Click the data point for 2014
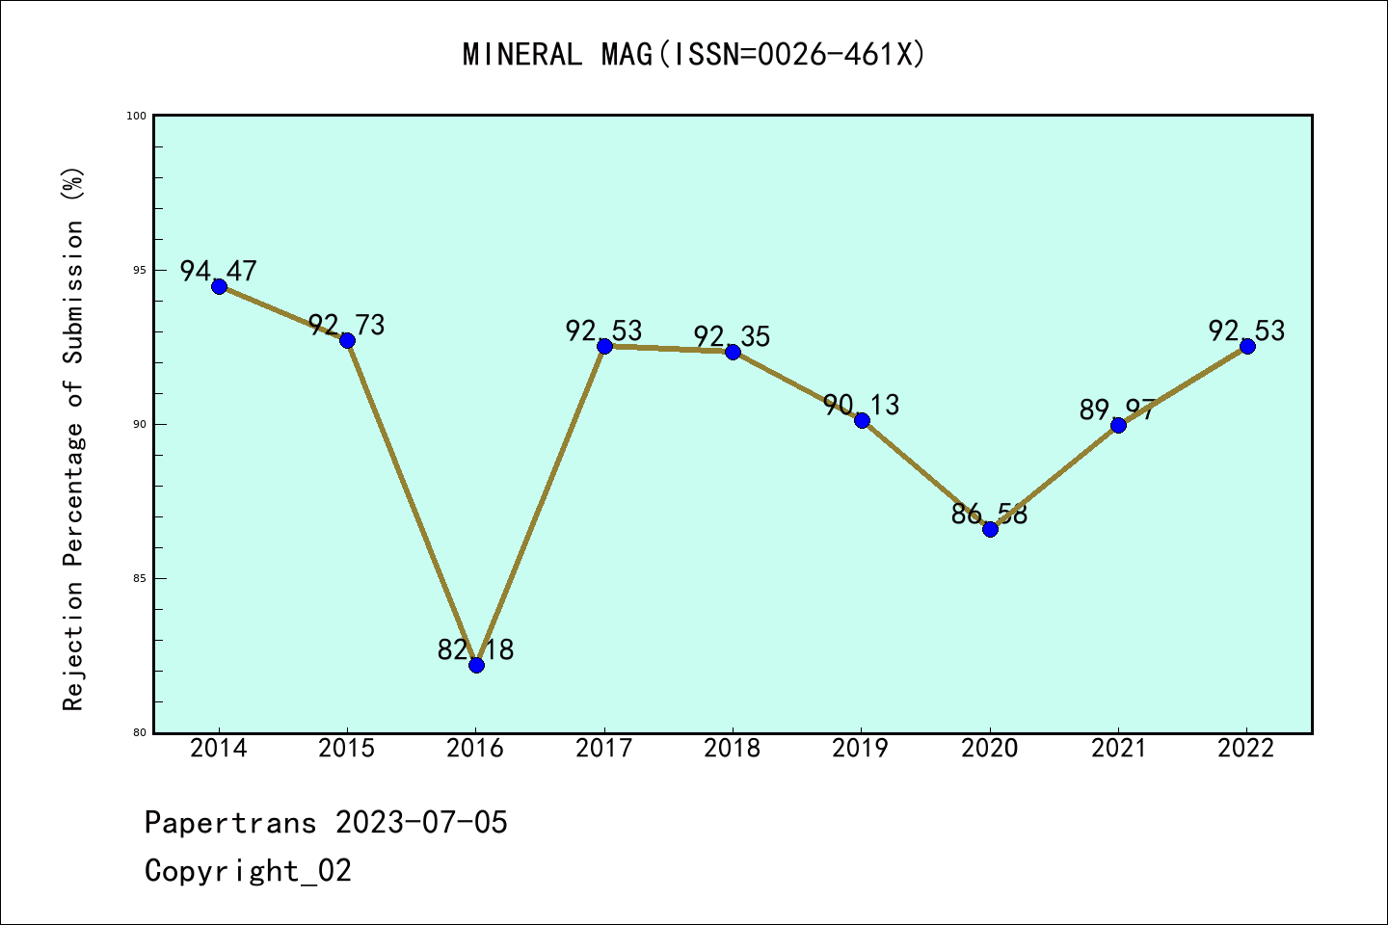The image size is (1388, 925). [x=219, y=286]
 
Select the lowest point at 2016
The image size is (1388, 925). [x=476, y=665]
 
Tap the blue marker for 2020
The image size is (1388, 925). [x=990, y=529]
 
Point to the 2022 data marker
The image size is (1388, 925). [x=1247, y=346]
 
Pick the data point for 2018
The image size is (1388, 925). [x=733, y=352]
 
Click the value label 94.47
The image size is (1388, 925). [x=219, y=271]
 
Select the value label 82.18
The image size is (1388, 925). [x=476, y=650]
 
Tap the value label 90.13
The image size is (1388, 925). [x=862, y=406]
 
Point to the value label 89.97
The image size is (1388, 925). [x=1117, y=410]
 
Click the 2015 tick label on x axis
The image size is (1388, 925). [x=347, y=749]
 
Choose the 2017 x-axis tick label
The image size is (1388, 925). [x=604, y=749]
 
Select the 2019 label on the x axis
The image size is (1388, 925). [x=861, y=749]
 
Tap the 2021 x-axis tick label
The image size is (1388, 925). [x=1118, y=749]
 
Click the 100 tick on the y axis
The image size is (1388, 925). [x=136, y=117]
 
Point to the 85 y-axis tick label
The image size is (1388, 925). [x=138, y=579]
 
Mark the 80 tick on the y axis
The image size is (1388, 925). [x=138, y=733]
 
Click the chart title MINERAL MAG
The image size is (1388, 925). [x=694, y=55]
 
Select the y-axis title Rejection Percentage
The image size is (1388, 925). [x=74, y=438]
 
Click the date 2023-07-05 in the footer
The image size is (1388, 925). [x=421, y=823]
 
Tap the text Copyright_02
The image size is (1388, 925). [x=249, y=871]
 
